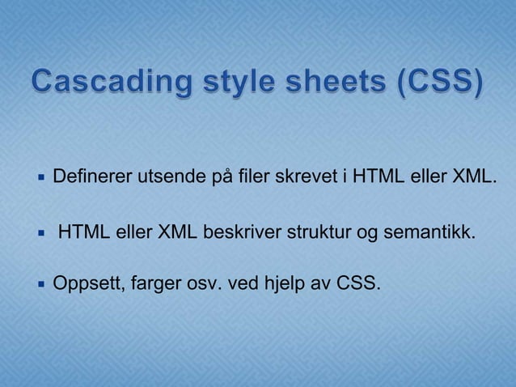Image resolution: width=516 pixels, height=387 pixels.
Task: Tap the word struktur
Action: click(316, 234)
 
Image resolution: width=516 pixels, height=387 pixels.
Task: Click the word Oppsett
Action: click(82, 284)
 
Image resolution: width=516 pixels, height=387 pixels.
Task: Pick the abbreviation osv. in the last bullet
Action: click(203, 284)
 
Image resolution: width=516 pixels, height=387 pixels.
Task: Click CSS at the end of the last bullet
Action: click(356, 284)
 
